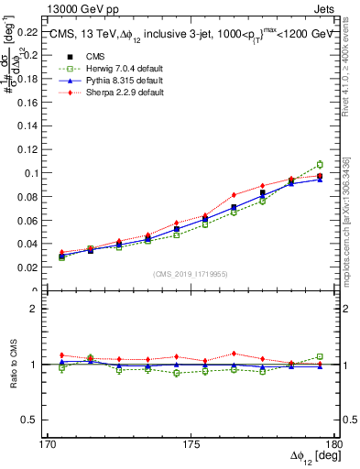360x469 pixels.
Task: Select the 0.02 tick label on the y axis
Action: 27,267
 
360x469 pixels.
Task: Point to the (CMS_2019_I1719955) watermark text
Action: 191,273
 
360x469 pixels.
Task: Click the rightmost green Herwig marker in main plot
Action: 320,165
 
